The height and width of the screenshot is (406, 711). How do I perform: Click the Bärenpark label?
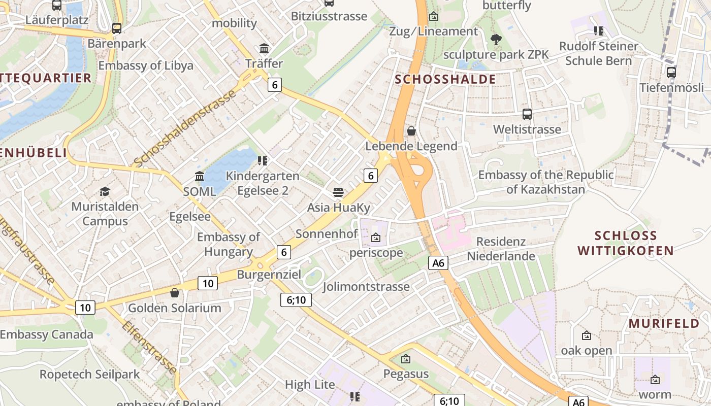point(117,44)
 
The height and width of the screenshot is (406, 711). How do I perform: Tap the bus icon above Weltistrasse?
point(527,114)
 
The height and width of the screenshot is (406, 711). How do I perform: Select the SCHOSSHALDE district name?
point(445,79)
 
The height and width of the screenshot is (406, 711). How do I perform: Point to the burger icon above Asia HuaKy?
point(339,192)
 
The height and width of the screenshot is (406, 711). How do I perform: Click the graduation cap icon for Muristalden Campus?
point(105,191)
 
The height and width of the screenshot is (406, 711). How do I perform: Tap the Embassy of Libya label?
point(146,65)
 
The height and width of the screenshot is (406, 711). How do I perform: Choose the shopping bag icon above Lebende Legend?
point(411,131)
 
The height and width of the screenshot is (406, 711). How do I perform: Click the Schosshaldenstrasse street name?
point(185,128)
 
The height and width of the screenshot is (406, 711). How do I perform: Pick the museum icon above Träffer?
point(264,49)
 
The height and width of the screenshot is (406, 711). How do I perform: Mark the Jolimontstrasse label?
point(366,287)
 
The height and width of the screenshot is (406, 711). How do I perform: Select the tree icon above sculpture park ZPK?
point(496,39)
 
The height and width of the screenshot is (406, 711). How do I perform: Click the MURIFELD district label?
point(664,324)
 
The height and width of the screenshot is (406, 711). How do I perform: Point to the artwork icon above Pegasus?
point(406,359)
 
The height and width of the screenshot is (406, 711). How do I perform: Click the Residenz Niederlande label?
point(501,249)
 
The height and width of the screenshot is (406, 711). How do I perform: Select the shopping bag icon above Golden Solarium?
point(175,293)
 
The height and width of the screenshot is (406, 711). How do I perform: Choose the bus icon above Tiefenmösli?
point(671,72)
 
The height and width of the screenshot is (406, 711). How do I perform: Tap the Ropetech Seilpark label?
point(89,375)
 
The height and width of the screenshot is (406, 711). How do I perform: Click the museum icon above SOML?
point(200,177)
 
